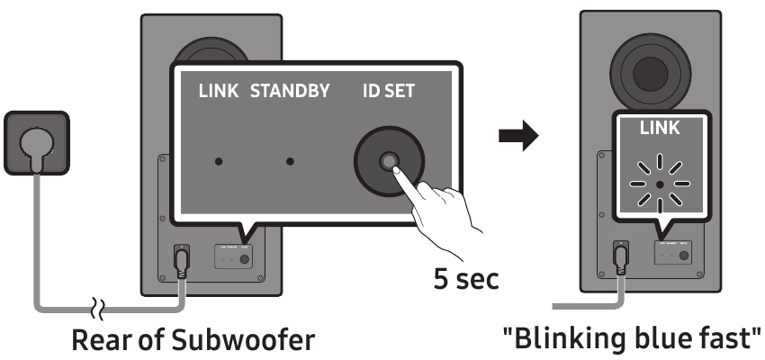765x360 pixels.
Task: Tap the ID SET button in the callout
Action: pyautogui.click(x=389, y=162)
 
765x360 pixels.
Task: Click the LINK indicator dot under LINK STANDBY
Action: pyautogui.click(x=218, y=163)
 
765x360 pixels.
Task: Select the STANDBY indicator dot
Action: pyautogui.click(x=290, y=163)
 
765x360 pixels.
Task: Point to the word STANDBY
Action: pyautogui.click(x=290, y=92)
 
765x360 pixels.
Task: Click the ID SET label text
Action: pyautogui.click(x=390, y=92)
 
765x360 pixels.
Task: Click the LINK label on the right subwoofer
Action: pyautogui.click(x=660, y=129)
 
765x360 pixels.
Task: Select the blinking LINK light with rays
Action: pyautogui.click(x=661, y=184)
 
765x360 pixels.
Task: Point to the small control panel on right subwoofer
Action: pyautogui.click(x=674, y=256)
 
